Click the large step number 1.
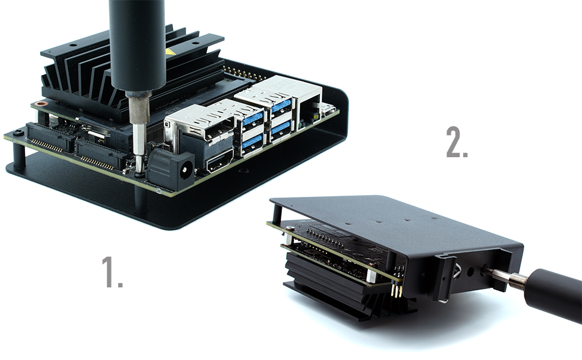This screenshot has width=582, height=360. [112, 272]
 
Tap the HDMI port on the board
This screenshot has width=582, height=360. [219, 159]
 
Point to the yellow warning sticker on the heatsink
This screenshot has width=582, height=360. [170, 52]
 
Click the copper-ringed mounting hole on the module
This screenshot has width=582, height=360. [41, 104]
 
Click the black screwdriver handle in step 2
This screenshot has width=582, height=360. [552, 294]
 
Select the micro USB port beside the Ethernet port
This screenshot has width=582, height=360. [328, 109]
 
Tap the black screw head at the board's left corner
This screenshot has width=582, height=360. [19, 133]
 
